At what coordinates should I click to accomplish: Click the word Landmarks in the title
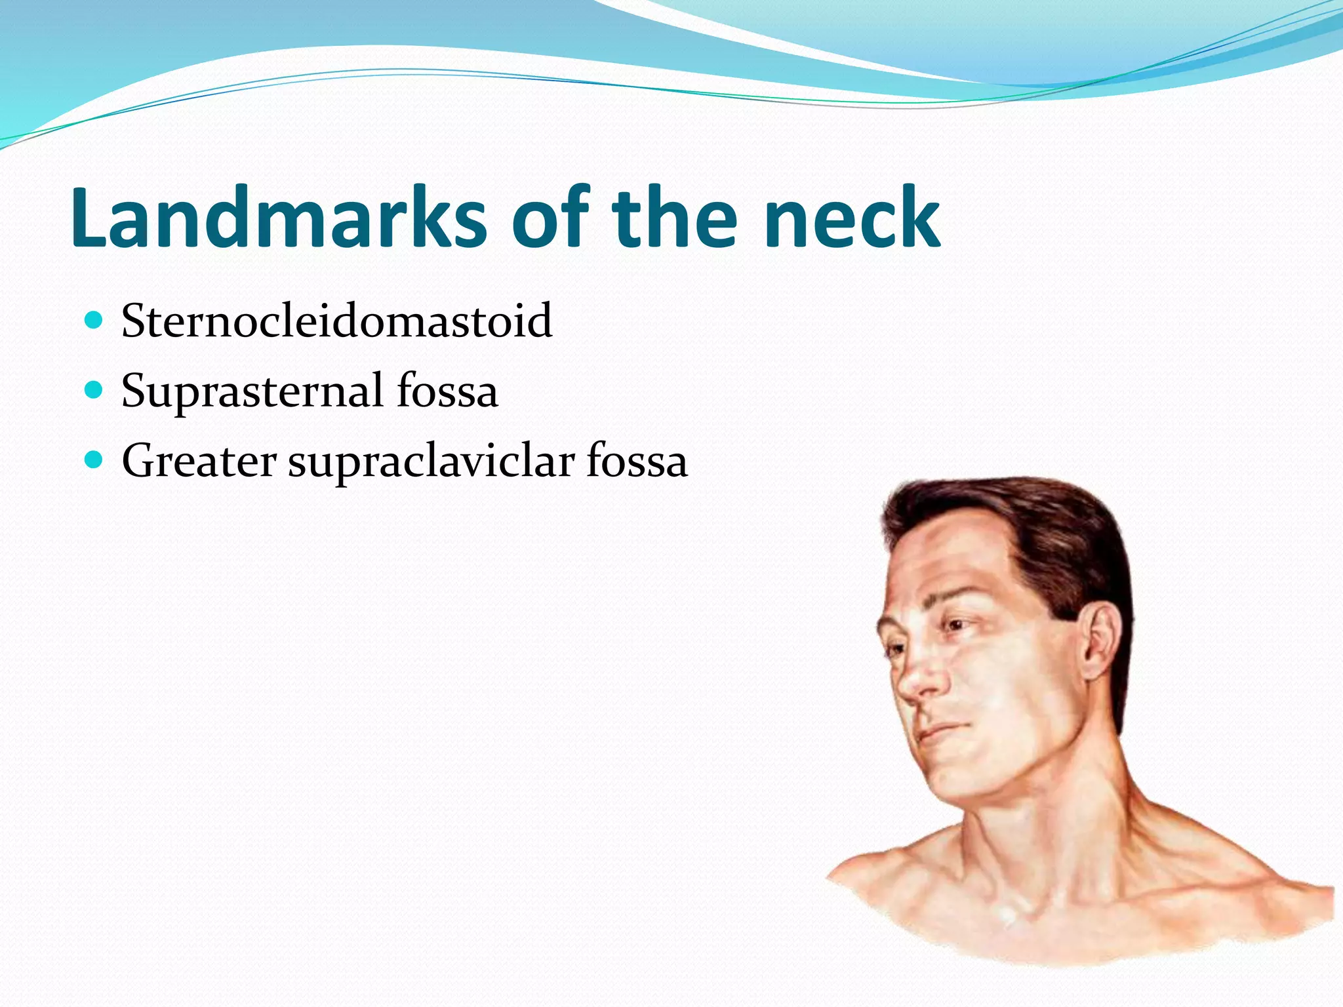[x=279, y=218]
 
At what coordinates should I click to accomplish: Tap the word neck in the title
[x=852, y=218]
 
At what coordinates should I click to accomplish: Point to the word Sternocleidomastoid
[x=336, y=321]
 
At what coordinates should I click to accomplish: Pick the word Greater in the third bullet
[x=199, y=461]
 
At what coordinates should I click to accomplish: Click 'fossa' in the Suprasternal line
[x=447, y=391]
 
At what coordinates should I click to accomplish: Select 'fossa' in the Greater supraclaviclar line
[x=637, y=461]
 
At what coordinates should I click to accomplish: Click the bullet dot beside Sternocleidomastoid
[x=94, y=321]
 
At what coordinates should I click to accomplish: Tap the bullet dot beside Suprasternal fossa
[x=94, y=391]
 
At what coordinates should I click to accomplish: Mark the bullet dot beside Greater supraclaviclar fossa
[x=94, y=460]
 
